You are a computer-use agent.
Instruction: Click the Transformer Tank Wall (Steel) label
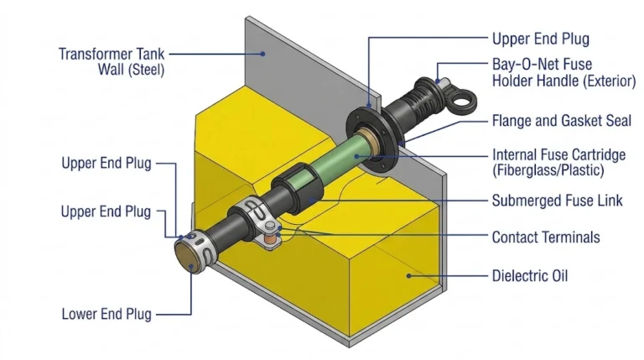click(112, 62)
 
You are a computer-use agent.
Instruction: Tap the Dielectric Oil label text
click(530, 274)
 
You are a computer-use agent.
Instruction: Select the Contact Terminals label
click(546, 237)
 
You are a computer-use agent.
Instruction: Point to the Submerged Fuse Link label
click(557, 201)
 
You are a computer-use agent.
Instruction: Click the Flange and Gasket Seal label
click(561, 121)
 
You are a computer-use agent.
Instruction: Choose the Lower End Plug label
click(106, 315)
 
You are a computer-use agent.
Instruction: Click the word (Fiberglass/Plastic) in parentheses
click(548, 171)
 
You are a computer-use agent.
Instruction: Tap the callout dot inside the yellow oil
click(408, 274)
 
